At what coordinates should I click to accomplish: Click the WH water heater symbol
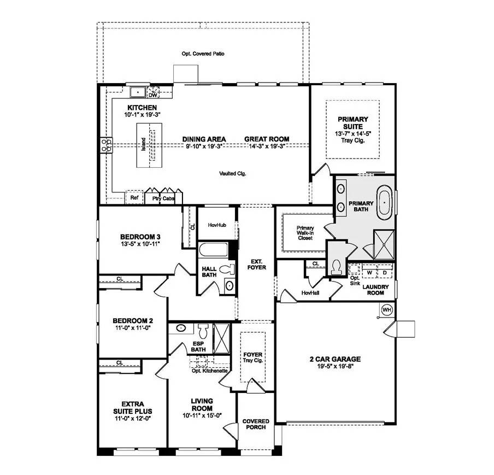[x=387, y=309]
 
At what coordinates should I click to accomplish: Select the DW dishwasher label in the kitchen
[x=152, y=95]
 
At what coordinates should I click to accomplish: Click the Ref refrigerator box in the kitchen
[x=134, y=197]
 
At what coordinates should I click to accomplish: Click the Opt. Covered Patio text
[x=203, y=54]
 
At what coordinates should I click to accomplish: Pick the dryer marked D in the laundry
[x=384, y=272]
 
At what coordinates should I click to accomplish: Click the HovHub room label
[x=217, y=225]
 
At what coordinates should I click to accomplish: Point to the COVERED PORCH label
[x=256, y=424]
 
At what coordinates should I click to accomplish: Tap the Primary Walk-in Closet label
[x=305, y=233]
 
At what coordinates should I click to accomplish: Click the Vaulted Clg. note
[x=233, y=173]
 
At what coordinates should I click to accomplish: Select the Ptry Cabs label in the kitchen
[x=163, y=198]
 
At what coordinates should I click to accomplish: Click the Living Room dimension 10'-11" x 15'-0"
[x=202, y=415]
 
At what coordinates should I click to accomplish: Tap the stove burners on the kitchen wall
[x=105, y=145]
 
